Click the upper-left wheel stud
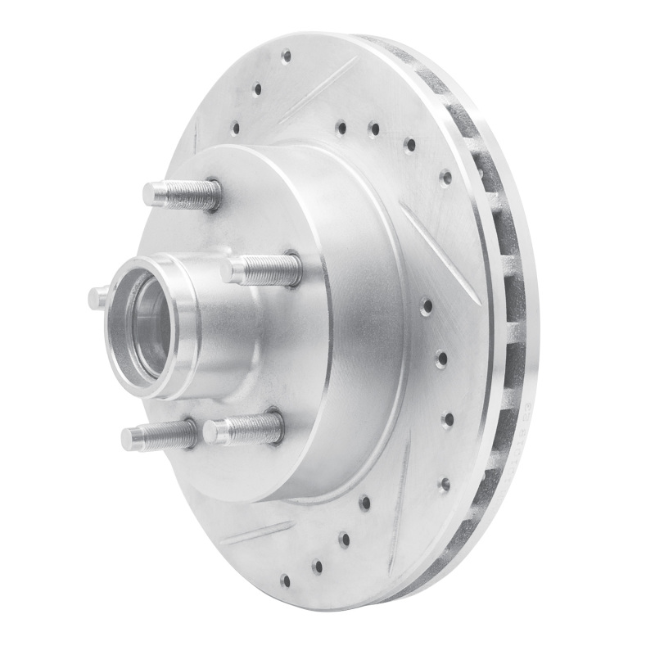pyautogui.click(x=182, y=194)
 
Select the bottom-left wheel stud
pyautogui.click(x=159, y=435)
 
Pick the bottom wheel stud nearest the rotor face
pyautogui.click(x=243, y=428)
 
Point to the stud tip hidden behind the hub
pyautogui.click(x=97, y=296)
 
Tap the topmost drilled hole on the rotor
pyautogui.click(x=286, y=56)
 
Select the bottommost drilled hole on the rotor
pyautogui.click(x=285, y=580)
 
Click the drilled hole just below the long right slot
pyautogui.click(x=427, y=307)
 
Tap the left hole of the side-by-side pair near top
pyautogui.click(x=341, y=127)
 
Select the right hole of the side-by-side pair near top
pyautogui.click(x=373, y=129)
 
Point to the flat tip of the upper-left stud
pyautogui.click(x=149, y=194)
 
